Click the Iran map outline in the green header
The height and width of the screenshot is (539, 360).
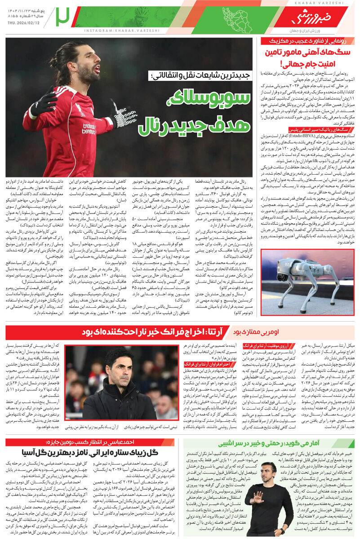coord(238,20)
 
